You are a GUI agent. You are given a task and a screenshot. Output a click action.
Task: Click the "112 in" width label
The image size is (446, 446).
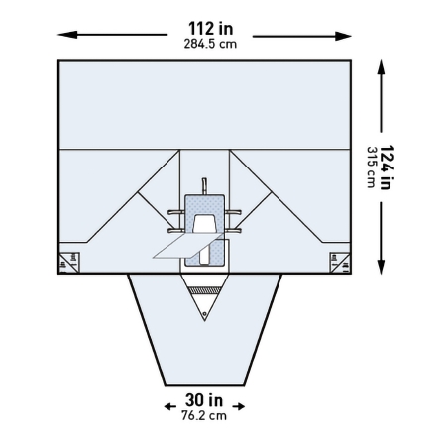(x=211, y=29)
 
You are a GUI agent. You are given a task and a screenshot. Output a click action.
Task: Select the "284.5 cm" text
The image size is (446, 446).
(x=210, y=44)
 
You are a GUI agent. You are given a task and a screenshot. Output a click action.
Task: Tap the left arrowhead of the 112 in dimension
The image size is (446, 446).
(x=67, y=35)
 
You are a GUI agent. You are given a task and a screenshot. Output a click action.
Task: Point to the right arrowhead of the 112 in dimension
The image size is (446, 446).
(x=343, y=36)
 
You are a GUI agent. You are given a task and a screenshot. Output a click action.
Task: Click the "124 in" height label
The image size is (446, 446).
(x=388, y=167)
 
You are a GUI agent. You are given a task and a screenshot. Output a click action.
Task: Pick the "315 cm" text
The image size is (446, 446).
(x=372, y=167)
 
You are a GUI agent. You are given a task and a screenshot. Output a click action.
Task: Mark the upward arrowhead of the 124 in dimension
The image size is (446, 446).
(x=382, y=68)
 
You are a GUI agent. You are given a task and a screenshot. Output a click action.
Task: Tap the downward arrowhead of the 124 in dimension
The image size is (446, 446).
(x=382, y=267)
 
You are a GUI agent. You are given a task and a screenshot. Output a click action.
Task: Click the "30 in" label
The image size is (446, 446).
(x=204, y=400)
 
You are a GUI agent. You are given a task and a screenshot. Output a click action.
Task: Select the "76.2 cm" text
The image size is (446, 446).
(x=204, y=415)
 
